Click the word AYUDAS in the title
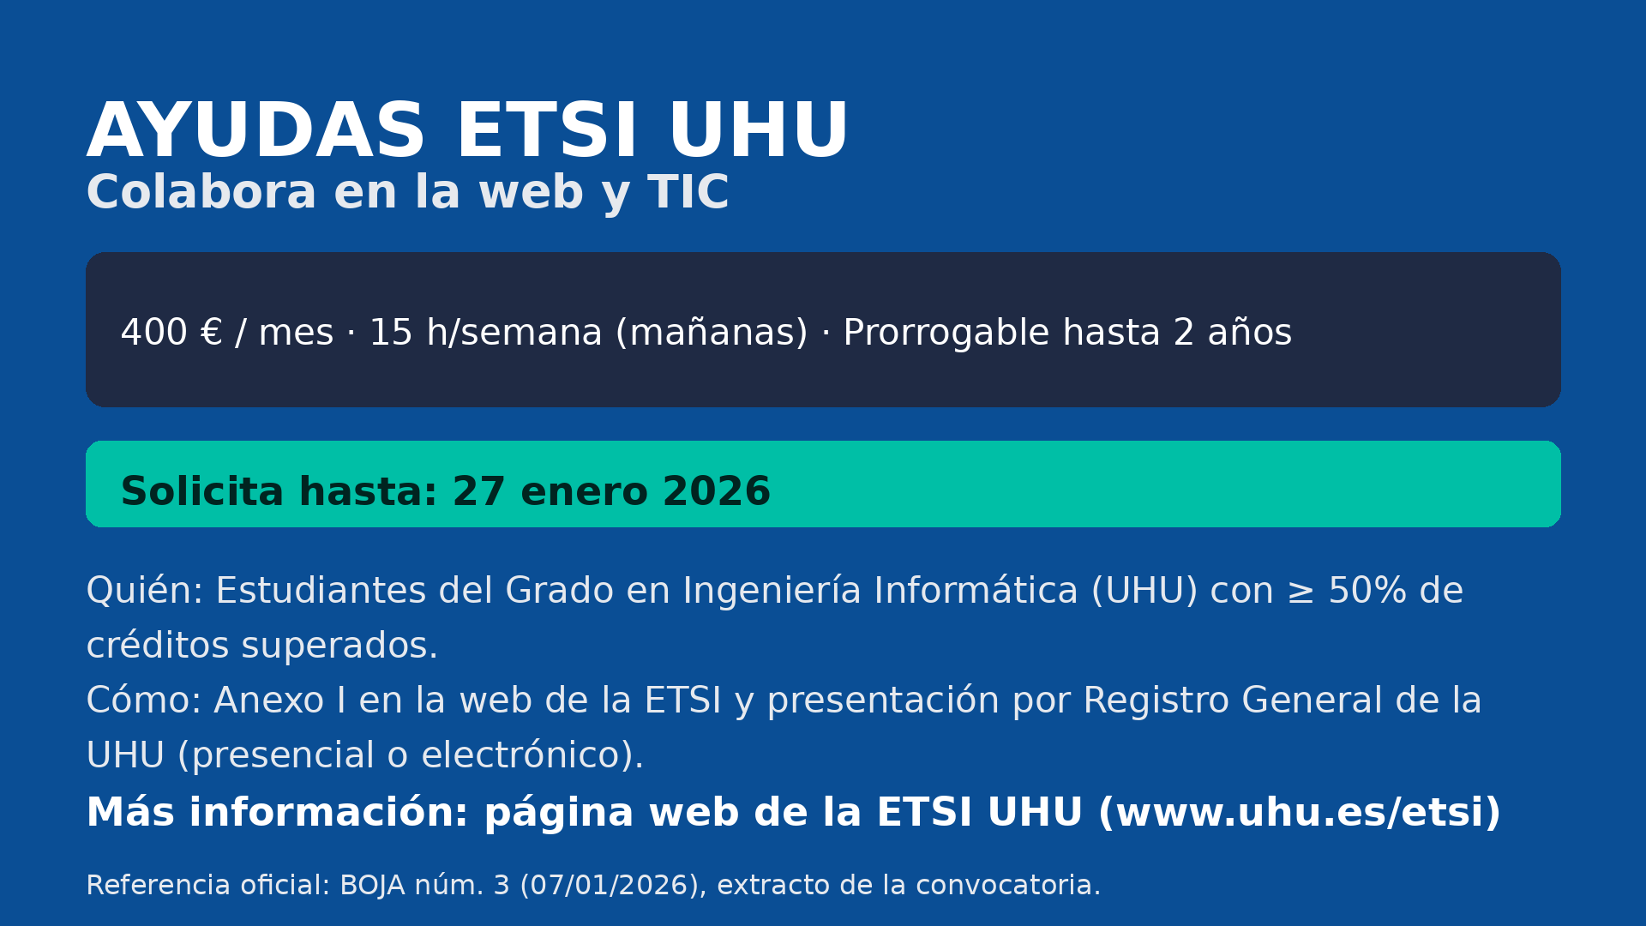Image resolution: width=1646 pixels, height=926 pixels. click(x=255, y=131)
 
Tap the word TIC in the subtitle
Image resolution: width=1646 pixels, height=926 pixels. click(x=688, y=192)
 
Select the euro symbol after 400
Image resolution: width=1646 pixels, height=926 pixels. click(x=211, y=333)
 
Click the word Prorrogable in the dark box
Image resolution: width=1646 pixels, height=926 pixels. click(x=946, y=334)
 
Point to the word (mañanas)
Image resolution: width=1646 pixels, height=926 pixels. click(x=712, y=333)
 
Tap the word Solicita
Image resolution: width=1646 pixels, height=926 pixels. click(x=202, y=492)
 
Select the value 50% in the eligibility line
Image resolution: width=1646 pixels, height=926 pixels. click(x=1368, y=592)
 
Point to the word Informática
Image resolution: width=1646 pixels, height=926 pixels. click(x=976, y=591)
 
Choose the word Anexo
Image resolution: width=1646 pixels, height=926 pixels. click(x=269, y=701)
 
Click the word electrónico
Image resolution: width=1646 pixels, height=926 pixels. click(x=526, y=755)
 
